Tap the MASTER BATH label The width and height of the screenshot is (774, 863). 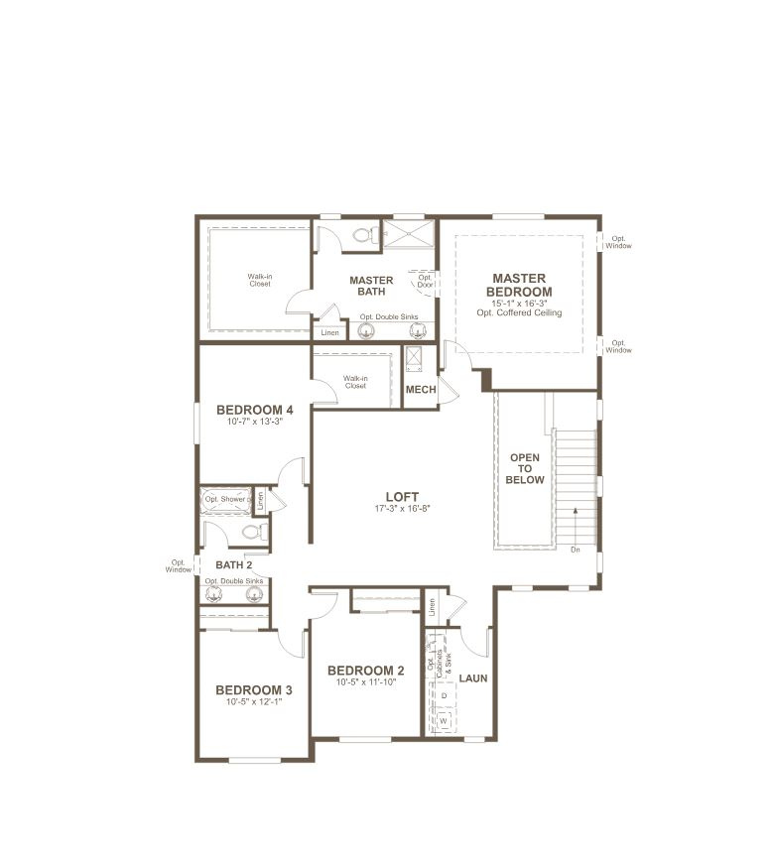(371, 286)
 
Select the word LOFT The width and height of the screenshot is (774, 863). (402, 497)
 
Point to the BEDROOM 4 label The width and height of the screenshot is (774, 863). (254, 410)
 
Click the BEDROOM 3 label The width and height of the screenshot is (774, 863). (253, 690)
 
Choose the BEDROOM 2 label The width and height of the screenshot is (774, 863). (366, 671)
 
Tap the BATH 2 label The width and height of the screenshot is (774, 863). (234, 564)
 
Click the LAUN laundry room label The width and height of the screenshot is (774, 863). (472, 678)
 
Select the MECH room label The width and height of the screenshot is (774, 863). (421, 390)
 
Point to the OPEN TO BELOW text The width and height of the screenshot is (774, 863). (525, 469)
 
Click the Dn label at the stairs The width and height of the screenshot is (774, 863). (576, 549)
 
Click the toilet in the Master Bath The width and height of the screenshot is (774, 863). (364, 235)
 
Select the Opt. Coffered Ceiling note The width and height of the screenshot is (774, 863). (519, 313)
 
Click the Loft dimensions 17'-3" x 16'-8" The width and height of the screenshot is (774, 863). (402, 509)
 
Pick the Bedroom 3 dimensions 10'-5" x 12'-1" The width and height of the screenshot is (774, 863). (253, 702)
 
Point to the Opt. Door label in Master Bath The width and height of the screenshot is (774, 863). (425, 282)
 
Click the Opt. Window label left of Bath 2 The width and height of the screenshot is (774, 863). (179, 565)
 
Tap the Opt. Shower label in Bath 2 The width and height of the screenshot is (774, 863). (226, 499)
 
